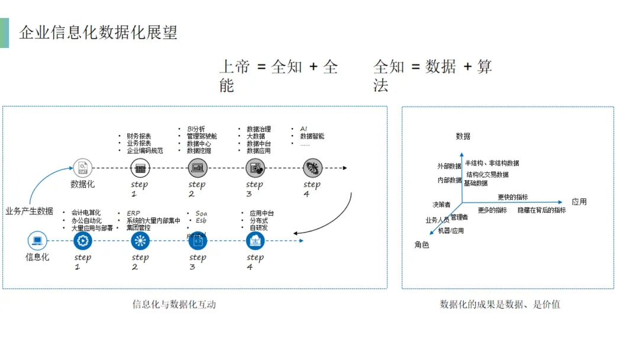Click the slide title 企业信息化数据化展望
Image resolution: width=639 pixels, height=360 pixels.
point(98,32)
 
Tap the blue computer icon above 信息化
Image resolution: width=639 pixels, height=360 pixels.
point(37,240)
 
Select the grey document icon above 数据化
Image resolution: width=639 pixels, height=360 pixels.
point(82,168)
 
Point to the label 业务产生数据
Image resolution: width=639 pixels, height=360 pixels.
point(30,211)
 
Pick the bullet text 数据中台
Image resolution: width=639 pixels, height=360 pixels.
point(259,143)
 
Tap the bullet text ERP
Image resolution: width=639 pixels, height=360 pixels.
point(133,213)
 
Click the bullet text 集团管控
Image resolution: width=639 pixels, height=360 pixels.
point(138,228)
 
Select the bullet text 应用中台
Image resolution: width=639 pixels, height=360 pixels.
point(262,213)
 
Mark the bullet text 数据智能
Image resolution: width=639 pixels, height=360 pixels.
point(312,136)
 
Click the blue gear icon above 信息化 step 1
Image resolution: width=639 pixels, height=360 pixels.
point(83,240)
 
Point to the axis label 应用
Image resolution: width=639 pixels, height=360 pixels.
point(579,202)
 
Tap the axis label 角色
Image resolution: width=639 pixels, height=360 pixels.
point(422,245)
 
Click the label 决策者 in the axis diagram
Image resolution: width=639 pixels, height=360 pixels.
point(441,205)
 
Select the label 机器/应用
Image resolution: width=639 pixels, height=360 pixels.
point(451,231)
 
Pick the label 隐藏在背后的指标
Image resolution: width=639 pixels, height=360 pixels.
point(541,210)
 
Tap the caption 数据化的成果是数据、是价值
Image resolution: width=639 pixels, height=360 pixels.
point(500,305)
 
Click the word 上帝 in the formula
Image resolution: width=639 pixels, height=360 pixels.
point(235,67)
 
